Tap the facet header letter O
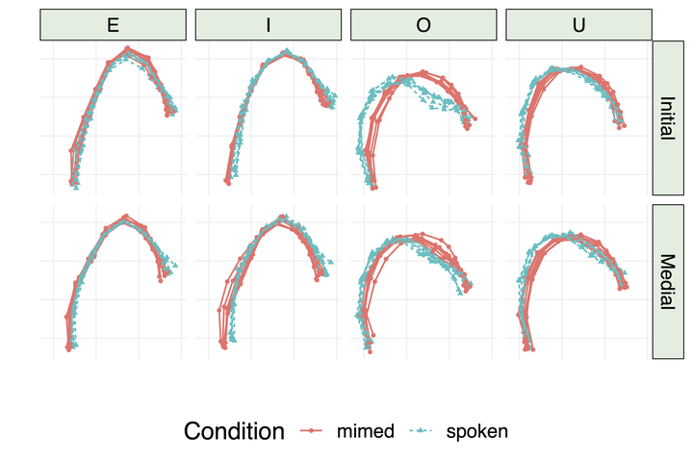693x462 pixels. (x=423, y=25)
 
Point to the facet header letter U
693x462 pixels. (x=578, y=25)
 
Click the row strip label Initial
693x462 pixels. (x=667, y=117)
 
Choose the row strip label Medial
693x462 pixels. (x=667, y=281)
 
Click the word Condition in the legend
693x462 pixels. (x=234, y=431)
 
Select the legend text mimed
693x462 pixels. (x=365, y=431)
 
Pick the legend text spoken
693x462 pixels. (x=476, y=431)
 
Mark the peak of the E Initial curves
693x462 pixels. (x=127, y=50)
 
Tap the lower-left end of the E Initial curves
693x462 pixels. (x=72, y=181)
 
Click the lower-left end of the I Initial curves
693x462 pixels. (x=228, y=180)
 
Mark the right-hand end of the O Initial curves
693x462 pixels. (x=473, y=119)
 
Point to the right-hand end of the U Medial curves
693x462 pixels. (x=626, y=285)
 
